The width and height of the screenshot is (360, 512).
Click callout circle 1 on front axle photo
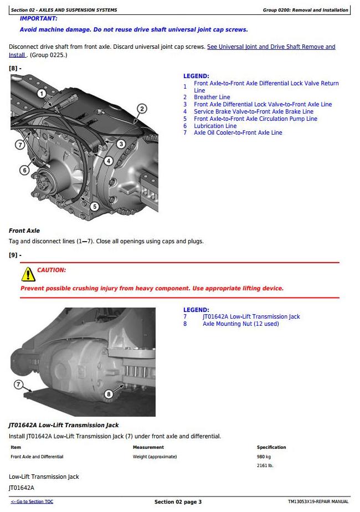[x=42, y=94]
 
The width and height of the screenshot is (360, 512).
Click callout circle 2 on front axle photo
[x=142, y=109]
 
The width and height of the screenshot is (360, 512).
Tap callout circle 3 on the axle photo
[x=121, y=144]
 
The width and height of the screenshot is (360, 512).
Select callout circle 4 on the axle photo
[x=109, y=161]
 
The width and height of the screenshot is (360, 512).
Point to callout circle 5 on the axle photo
[x=95, y=206]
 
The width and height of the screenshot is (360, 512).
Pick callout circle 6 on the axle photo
[x=24, y=170]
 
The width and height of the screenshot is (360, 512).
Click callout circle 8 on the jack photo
[x=109, y=394]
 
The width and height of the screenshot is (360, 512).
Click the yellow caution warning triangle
[x=28, y=274]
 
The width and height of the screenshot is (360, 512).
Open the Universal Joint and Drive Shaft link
[x=271, y=47]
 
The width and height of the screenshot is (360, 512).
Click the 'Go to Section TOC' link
[x=32, y=501]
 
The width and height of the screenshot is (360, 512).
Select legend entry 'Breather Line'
[x=212, y=97]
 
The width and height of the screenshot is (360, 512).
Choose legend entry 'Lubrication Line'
[x=215, y=126]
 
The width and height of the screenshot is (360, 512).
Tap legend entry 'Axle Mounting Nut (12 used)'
[x=240, y=324]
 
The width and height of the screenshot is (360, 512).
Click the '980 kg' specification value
[x=264, y=457]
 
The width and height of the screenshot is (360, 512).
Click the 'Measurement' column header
[x=148, y=447]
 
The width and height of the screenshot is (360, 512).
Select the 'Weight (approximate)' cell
[x=155, y=457]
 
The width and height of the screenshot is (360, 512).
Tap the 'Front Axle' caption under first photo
[x=24, y=231]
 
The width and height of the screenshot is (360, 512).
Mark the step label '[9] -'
[x=15, y=255]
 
